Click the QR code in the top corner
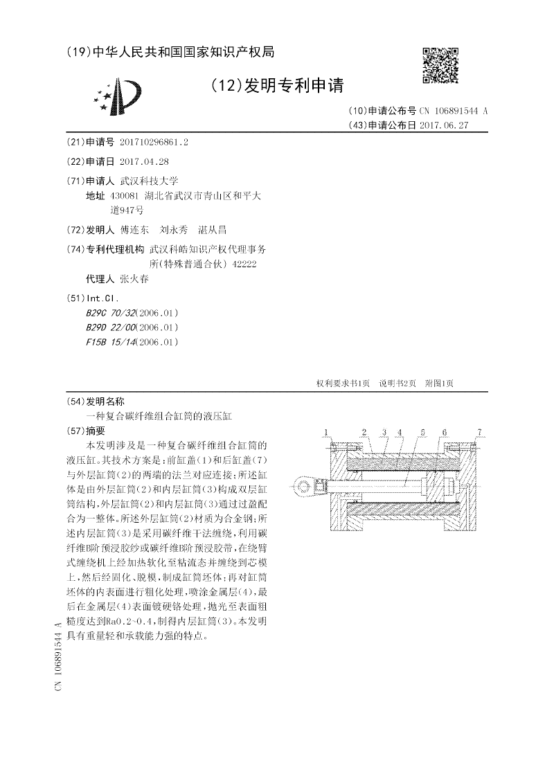(x=440, y=65)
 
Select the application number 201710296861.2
(x=154, y=142)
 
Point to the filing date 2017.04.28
(x=144, y=161)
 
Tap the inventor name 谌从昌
(x=213, y=229)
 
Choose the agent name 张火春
(x=134, y=279)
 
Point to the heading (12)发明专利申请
(x=277, y=86)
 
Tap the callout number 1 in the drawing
(x=325, y=432)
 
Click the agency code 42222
(x=242, y=263)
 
